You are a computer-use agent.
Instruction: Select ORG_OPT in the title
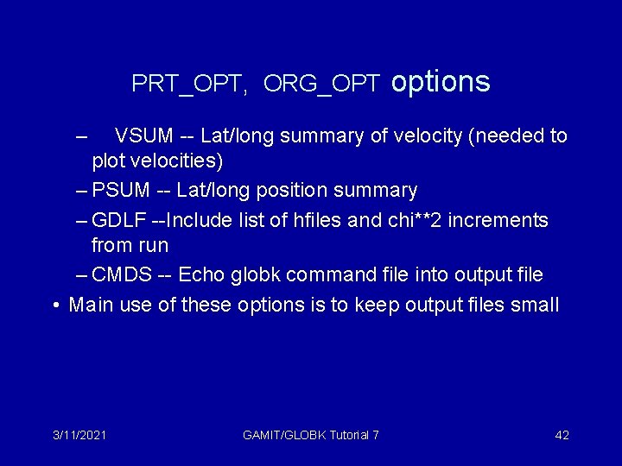coord(321,84)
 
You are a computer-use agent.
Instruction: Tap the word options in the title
coord(441,81)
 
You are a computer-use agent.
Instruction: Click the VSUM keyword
coord(144,135)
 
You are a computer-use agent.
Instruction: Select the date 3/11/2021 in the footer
coord(79,435)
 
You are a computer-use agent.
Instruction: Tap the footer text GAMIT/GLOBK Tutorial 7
coord(311,435)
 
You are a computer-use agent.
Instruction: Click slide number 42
coord(562,435)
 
